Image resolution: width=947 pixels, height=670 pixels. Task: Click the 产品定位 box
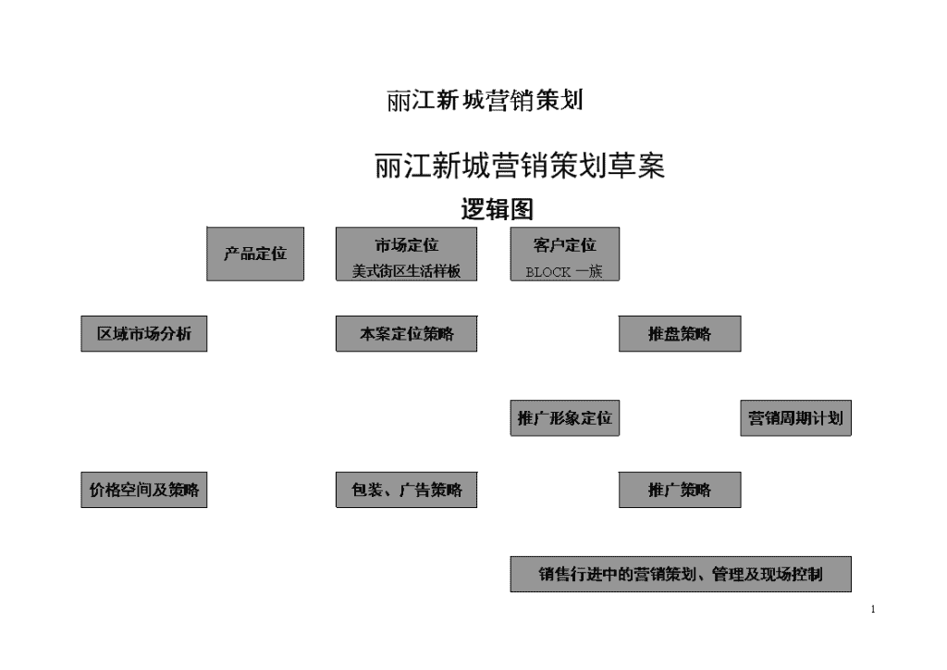(x=255, y=254)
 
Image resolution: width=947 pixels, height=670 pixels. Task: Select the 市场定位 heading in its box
(x=407, y=245)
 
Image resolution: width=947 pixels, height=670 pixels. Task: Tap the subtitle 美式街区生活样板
(x=407, y=271)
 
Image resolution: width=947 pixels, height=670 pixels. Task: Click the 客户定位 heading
(x=565, y=245)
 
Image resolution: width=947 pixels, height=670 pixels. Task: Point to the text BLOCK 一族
(x=564, y=272)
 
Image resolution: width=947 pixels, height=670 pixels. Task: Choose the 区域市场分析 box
(x=144, y=333)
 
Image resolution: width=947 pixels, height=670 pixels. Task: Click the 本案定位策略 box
(x=407, y=333)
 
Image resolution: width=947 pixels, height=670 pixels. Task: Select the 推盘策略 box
(x=680, y=333)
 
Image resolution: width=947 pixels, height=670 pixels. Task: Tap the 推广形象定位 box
(x=565, y=418)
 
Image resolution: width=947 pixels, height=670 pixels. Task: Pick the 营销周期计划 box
(x=796, y=418)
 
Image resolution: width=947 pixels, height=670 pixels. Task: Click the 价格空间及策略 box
(x=144, y=490)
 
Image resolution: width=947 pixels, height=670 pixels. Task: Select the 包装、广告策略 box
(x=407, y=490)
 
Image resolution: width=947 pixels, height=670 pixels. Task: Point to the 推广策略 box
(x=680, y=490)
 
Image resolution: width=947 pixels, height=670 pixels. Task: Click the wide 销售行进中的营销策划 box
(x=681, y=575)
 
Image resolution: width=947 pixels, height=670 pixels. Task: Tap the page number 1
(x=873, y=609)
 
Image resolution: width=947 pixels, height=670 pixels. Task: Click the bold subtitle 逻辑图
(x=497, y=209)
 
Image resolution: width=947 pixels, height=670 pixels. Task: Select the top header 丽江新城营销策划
(x=485, y=100)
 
